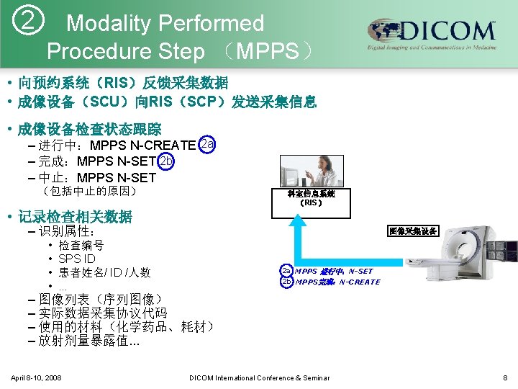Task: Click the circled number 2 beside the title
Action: (27, 23)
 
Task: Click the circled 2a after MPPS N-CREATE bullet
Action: (206, 144)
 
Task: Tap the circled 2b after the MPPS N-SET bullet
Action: (166, 161)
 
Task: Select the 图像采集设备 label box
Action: (412, 231)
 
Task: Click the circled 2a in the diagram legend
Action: (286, 271)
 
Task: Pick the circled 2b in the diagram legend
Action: (286, 282)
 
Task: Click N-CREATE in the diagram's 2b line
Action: (360, 282)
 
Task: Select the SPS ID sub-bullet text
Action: (77, 259)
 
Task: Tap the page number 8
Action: (505, 377)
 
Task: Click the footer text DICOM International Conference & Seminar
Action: (259, 377)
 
